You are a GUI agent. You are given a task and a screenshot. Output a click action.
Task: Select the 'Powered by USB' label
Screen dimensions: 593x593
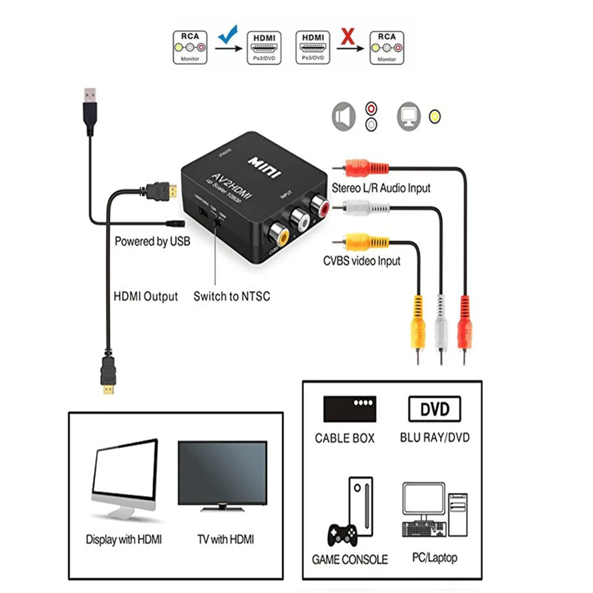[x=152, y=241]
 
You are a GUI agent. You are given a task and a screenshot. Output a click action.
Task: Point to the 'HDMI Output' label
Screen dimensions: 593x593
[x=145, y=296]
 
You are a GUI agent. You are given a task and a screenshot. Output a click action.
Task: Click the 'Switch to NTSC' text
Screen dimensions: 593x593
[x=232, y=296]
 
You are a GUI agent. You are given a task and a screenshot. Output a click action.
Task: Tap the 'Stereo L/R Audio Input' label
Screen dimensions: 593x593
[x=381, y=188]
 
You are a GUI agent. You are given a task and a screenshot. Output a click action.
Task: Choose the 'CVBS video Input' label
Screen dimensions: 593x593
[x=362, y=260]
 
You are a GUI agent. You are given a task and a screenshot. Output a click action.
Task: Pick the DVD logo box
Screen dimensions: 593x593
[x=435, y=409]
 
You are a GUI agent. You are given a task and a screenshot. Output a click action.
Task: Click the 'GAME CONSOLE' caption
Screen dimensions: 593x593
[x=350, y=559]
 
